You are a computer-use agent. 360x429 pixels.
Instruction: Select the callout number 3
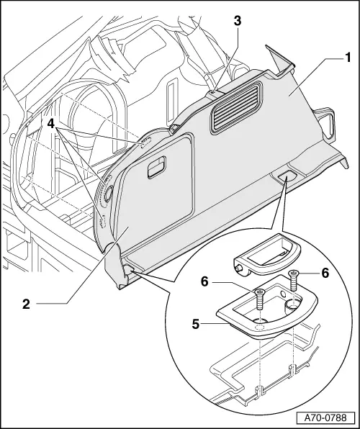click(237, 21)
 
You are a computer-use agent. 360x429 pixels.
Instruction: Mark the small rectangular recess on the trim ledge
click(287, 176)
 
